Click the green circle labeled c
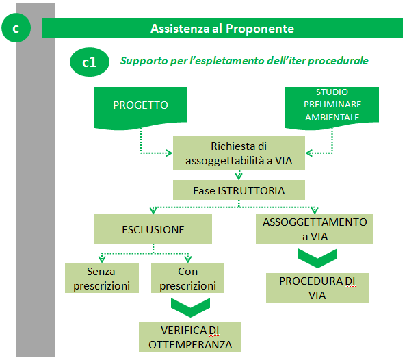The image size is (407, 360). coord(16,28)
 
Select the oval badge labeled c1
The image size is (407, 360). coord(90,62)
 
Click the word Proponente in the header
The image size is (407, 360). coord(260,29)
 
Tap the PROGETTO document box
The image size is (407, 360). coord(141,107)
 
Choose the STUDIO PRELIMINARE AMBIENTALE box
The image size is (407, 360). coord(332,107)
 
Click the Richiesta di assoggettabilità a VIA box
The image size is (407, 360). coord(239,153)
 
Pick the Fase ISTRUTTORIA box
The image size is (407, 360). coord(239,190)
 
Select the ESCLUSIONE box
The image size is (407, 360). coord(153,229)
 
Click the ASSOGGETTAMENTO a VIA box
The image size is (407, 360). coord(315,229)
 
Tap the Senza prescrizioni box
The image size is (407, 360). coord(102,279)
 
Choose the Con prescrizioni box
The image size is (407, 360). coord(187,279)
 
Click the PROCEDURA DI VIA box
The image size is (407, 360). coord(317,287)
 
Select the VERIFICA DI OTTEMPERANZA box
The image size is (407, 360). coord(190,337)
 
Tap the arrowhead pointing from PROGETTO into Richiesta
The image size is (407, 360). coord(169,153)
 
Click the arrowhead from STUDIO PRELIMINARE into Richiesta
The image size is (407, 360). coord(309,153)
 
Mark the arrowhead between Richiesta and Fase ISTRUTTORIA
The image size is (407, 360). coord(239,177)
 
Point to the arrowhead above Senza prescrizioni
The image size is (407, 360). coord(102,259)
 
